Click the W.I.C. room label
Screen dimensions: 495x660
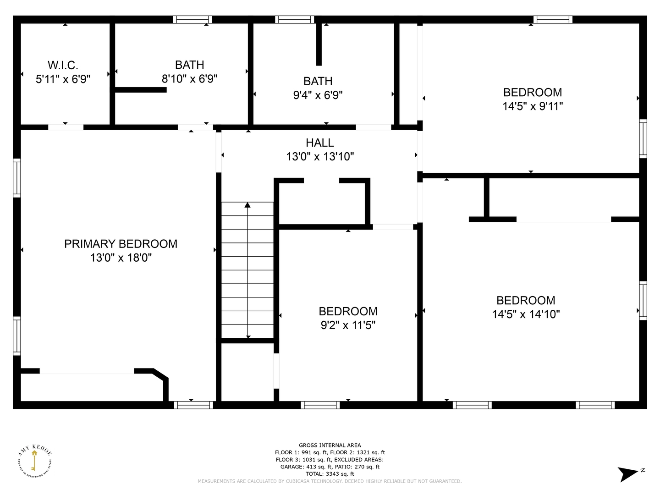point(63,65)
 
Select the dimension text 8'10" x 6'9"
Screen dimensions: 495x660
point(189,79)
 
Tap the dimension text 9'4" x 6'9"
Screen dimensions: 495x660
point(318,95)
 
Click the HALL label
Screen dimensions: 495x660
point(319,143)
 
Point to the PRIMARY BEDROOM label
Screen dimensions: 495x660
point(121,244)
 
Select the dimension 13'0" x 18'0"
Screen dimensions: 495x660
point(121,258)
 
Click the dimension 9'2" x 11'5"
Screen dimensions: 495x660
point(348,325)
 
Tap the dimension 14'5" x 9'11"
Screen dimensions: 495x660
point(532,106)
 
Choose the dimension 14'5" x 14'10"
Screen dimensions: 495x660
point(526,314)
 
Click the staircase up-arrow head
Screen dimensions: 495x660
point(248,205)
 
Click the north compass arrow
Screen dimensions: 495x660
point(627,473)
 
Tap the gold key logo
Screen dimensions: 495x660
point(34,461)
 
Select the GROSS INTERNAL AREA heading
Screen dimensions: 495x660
point(330,445)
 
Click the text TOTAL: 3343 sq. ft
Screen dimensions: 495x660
point(330,474)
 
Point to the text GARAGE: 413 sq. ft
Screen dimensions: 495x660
point(304,467)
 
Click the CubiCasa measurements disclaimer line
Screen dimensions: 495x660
point(330,481)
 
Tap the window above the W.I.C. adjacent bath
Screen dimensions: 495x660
point(192,19)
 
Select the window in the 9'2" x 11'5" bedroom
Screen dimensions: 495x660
point(320,405)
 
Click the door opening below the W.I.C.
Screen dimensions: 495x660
point(66,127)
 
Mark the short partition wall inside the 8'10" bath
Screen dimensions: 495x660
point(141,90)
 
